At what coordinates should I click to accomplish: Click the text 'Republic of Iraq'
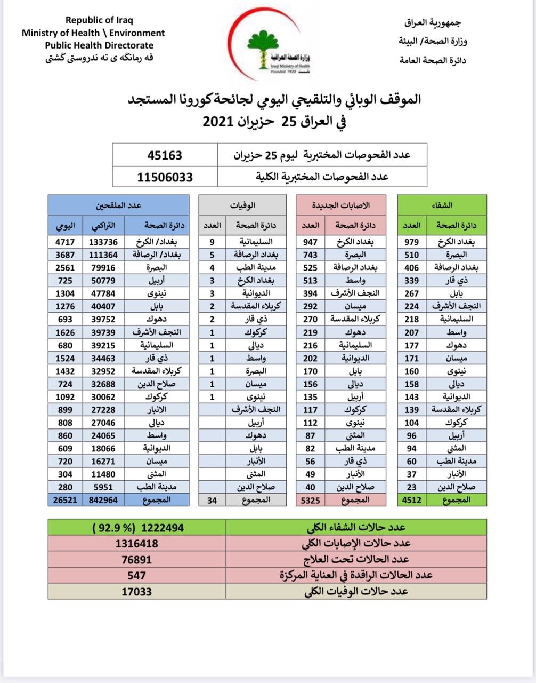(x=99, y=20)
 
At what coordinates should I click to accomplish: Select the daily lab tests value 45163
(x=165, y=155)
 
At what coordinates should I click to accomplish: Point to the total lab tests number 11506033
(x=165, y=177)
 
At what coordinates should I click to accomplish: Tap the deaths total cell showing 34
(x=212, y=500)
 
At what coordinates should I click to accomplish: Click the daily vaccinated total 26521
(x=65, y=500)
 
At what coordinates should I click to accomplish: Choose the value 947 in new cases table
(x=310, y=242)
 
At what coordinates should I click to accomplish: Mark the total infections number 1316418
(x=137, y=544)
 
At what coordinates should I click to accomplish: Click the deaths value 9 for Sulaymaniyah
(x=212, y=242)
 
